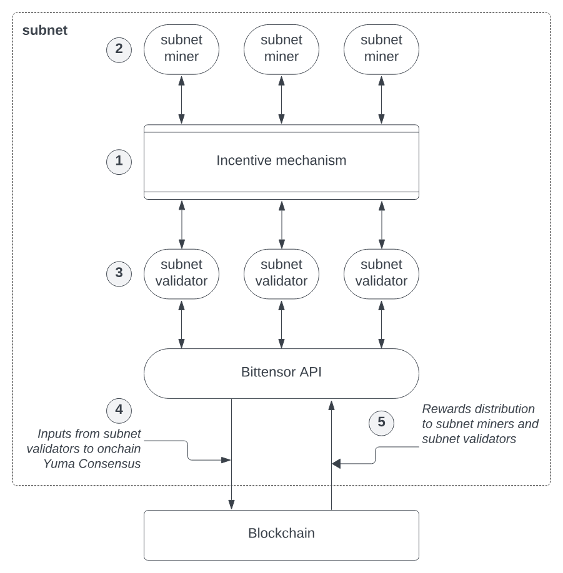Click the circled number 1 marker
[x=119, y=162]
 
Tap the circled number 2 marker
[x=119, y=49]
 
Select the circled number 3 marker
[x=119, y=273]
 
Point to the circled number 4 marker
[x=119, y=410]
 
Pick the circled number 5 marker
[x=381, y=423]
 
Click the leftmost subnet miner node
[x=181, y=48]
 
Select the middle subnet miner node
[x=281, y=48]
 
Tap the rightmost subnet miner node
[x=381, y=48]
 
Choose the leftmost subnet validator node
[x=181, y=273]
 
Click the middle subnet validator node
[x=281, y=273]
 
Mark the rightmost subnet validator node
[x=381, y=273]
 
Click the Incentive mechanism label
[x=281, y=160]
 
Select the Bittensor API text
[x=281, y=373]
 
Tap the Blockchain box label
[x=281, y=534]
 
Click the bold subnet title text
[x=44, y=30]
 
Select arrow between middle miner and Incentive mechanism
[x=281, y=100]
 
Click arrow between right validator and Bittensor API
[x=381, y=324]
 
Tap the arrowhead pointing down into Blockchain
[x=232, y=504]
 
